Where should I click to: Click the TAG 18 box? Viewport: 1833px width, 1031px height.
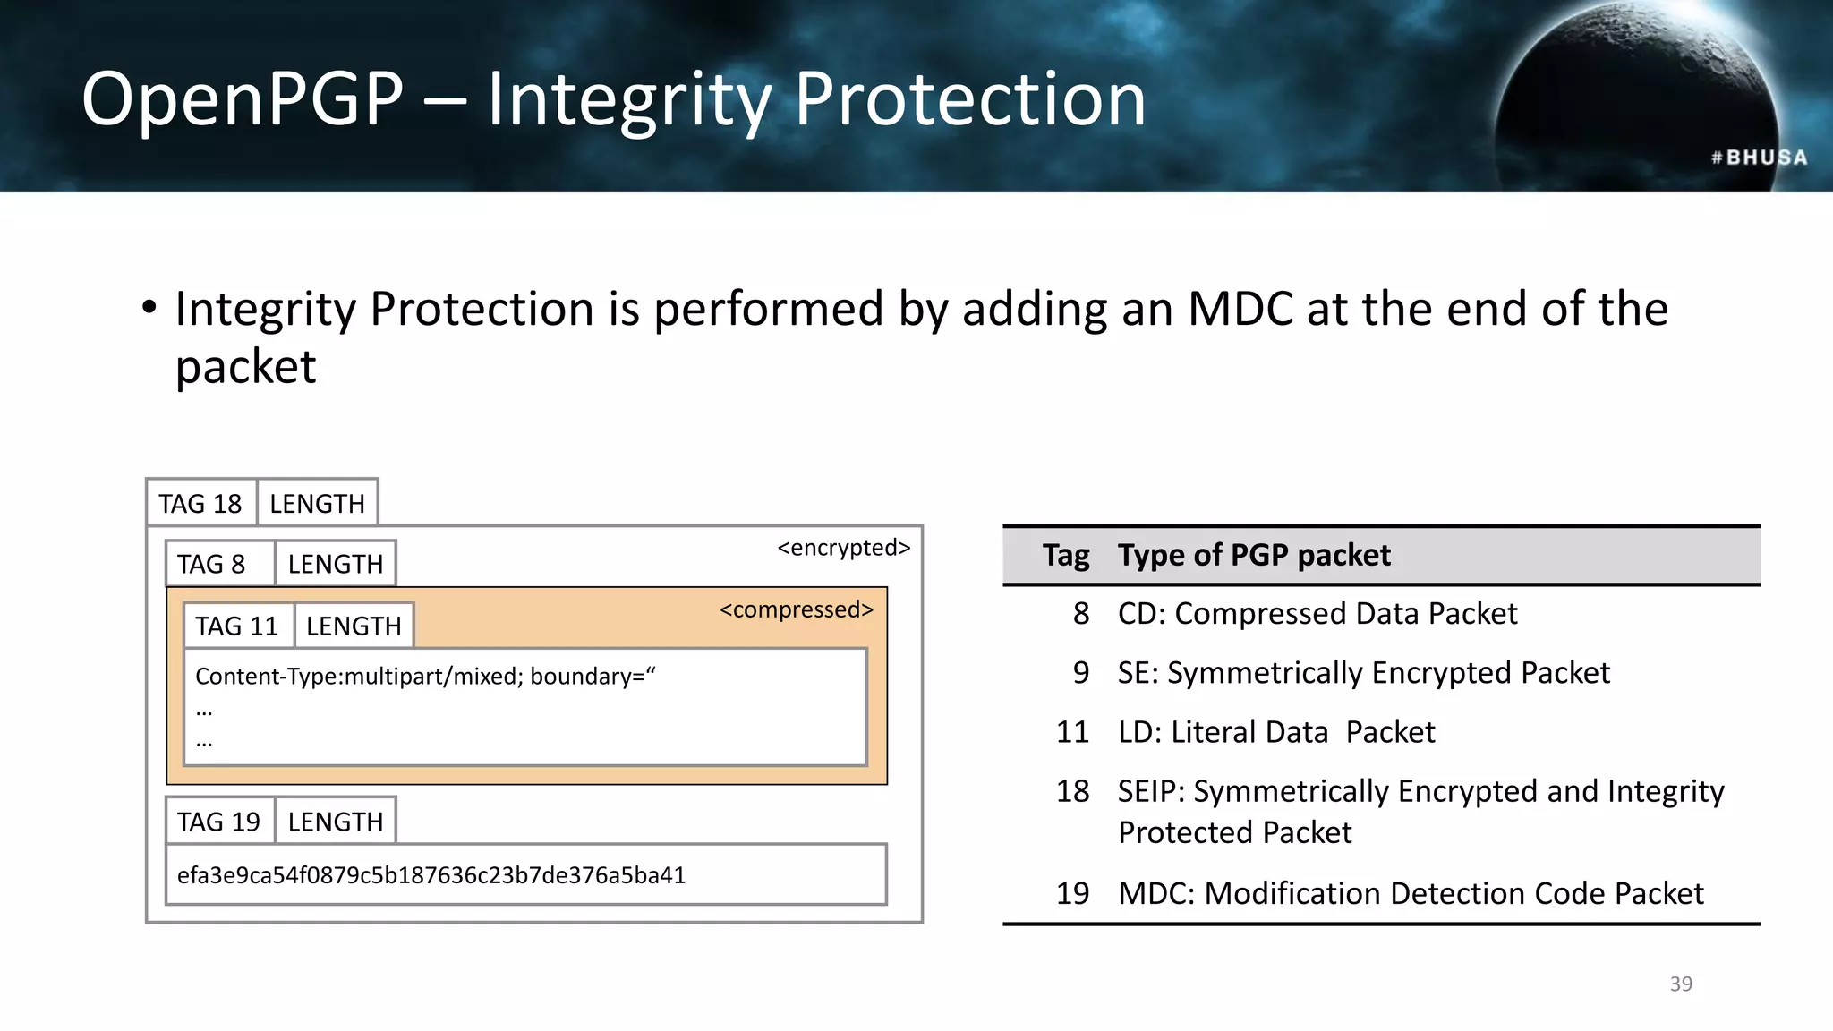(200, 504)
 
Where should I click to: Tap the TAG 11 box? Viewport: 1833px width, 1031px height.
(237, 626)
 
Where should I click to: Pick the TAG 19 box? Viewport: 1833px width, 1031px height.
(218, 822)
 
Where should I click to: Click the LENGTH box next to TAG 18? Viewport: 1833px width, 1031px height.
(317, 504)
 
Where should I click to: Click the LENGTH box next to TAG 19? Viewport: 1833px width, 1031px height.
(335, 822)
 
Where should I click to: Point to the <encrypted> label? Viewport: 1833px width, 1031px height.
(843, 548)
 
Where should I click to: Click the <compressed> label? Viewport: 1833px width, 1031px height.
(796, 609)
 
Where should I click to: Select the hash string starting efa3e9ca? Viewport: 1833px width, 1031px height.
(431, 875)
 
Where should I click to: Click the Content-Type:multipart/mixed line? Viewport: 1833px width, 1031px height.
(424, 677)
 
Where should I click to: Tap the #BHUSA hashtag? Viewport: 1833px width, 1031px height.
(1759, 158)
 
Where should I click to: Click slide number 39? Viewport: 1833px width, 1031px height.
(1681, 984)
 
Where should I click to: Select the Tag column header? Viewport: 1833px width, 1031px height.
(1065, 556)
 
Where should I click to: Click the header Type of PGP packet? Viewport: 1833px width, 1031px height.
(1254, 556)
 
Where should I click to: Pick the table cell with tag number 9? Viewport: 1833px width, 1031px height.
(1080, 673)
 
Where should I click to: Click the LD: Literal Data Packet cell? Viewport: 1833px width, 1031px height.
(1275, 732)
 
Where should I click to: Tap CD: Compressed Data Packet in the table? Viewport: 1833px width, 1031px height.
(1317, 614)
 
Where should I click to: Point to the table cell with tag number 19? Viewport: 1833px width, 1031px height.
(1072, 893)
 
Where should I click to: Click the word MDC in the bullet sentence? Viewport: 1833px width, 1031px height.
(1240, 310)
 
